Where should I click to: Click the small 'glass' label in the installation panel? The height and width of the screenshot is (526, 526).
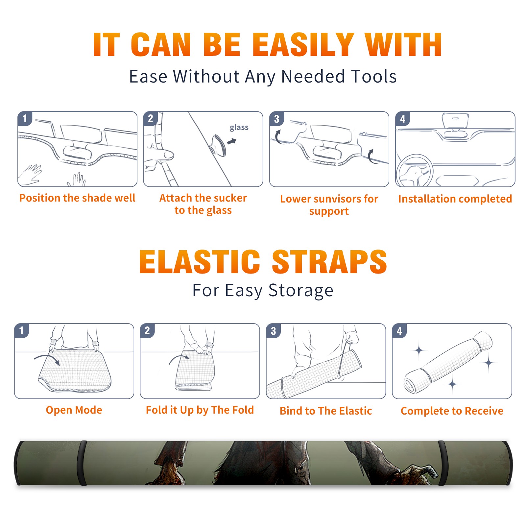coord(239,128)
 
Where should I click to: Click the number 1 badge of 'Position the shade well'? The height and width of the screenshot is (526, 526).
coord(25,118)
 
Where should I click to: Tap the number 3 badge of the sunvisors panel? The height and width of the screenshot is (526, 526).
coord(276,119)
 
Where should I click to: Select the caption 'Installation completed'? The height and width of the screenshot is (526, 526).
coord(455,199)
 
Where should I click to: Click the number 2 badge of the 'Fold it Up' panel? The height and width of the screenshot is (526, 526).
coord(147,330)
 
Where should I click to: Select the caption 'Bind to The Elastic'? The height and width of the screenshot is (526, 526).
coord(326,411)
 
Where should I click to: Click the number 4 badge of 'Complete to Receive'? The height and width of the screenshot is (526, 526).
coord(399,331)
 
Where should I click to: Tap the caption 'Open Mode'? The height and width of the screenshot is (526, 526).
coord(74,410)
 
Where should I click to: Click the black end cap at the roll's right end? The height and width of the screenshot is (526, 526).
coord(508,463)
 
